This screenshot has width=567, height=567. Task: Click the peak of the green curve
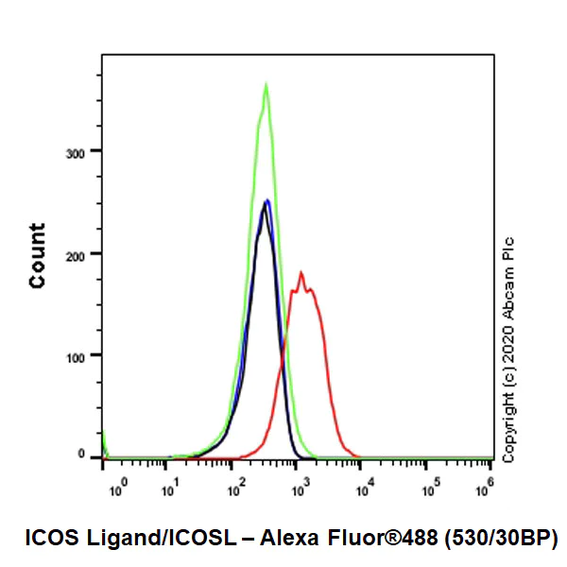click(x=266, y=85)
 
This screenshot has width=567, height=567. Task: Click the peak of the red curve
click(x=301, y=273)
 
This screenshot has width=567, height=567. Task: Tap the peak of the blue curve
click(x=268, y=199)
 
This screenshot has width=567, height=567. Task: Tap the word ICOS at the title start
click(x=47, y=538)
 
